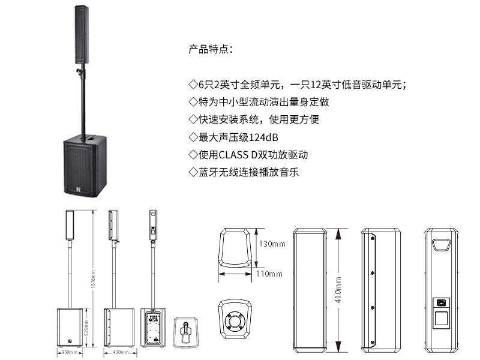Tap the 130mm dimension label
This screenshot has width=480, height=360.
tap(271, 244)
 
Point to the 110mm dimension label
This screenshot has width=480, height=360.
tap(269, 274)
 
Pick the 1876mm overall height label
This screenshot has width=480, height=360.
tap(94, 279)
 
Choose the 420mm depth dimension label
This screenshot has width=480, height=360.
tap(122, 353)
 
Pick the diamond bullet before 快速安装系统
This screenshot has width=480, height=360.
tap(193, 119)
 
